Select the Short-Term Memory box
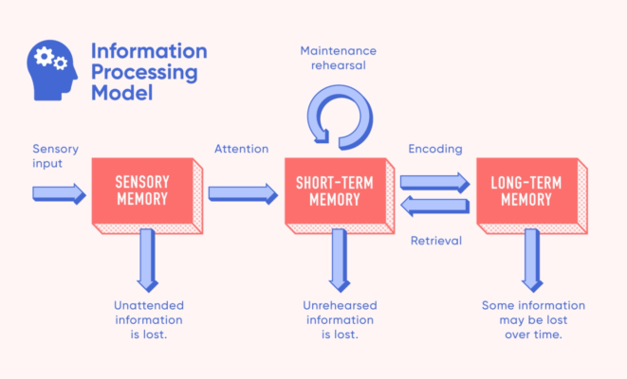(x=334, y=191)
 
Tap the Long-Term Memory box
(x=527, y=191)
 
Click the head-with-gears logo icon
(x=53, y=69)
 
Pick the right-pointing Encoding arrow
(x=434, y=180)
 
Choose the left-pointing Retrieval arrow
(x=434, y=204)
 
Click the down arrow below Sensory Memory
(x=148, y=259)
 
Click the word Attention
(x=241, y=150)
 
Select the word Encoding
(x=435, y=150)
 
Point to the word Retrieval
(x=435, y=241)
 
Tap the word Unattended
(x=148, y=305)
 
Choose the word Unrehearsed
(x=341, y=305)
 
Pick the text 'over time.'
(x=534, y=335)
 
